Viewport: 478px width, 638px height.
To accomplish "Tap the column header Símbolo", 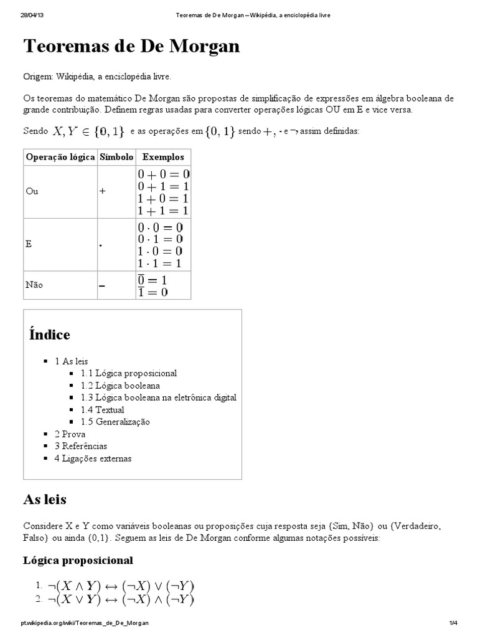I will click(115, 157).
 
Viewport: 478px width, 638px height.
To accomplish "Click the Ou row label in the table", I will click(32, 191).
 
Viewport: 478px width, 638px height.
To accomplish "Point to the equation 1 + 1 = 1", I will click(164, 211).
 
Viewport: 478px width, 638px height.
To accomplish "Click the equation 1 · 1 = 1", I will click(161, 264).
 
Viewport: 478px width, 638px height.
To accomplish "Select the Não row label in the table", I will click(34, 285).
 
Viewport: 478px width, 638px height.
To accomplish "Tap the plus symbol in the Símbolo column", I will click(102, 191).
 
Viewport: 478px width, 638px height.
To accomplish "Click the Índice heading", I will click(49, 335).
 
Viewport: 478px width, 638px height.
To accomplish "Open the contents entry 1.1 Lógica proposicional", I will click(128, 373).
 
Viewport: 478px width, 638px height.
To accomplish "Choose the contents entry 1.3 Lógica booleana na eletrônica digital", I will click(158, 398).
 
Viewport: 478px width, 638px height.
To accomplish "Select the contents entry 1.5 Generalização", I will click(115, 422).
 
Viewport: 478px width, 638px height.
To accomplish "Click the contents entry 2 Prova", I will click(70, 434).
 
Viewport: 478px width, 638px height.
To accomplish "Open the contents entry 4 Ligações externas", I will click(93, 458).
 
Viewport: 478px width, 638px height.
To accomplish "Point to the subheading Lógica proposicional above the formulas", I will click(78, 560).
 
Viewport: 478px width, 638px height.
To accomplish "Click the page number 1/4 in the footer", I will click(452, 623).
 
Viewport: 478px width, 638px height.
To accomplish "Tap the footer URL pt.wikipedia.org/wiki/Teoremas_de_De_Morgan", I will click(84, 623).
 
